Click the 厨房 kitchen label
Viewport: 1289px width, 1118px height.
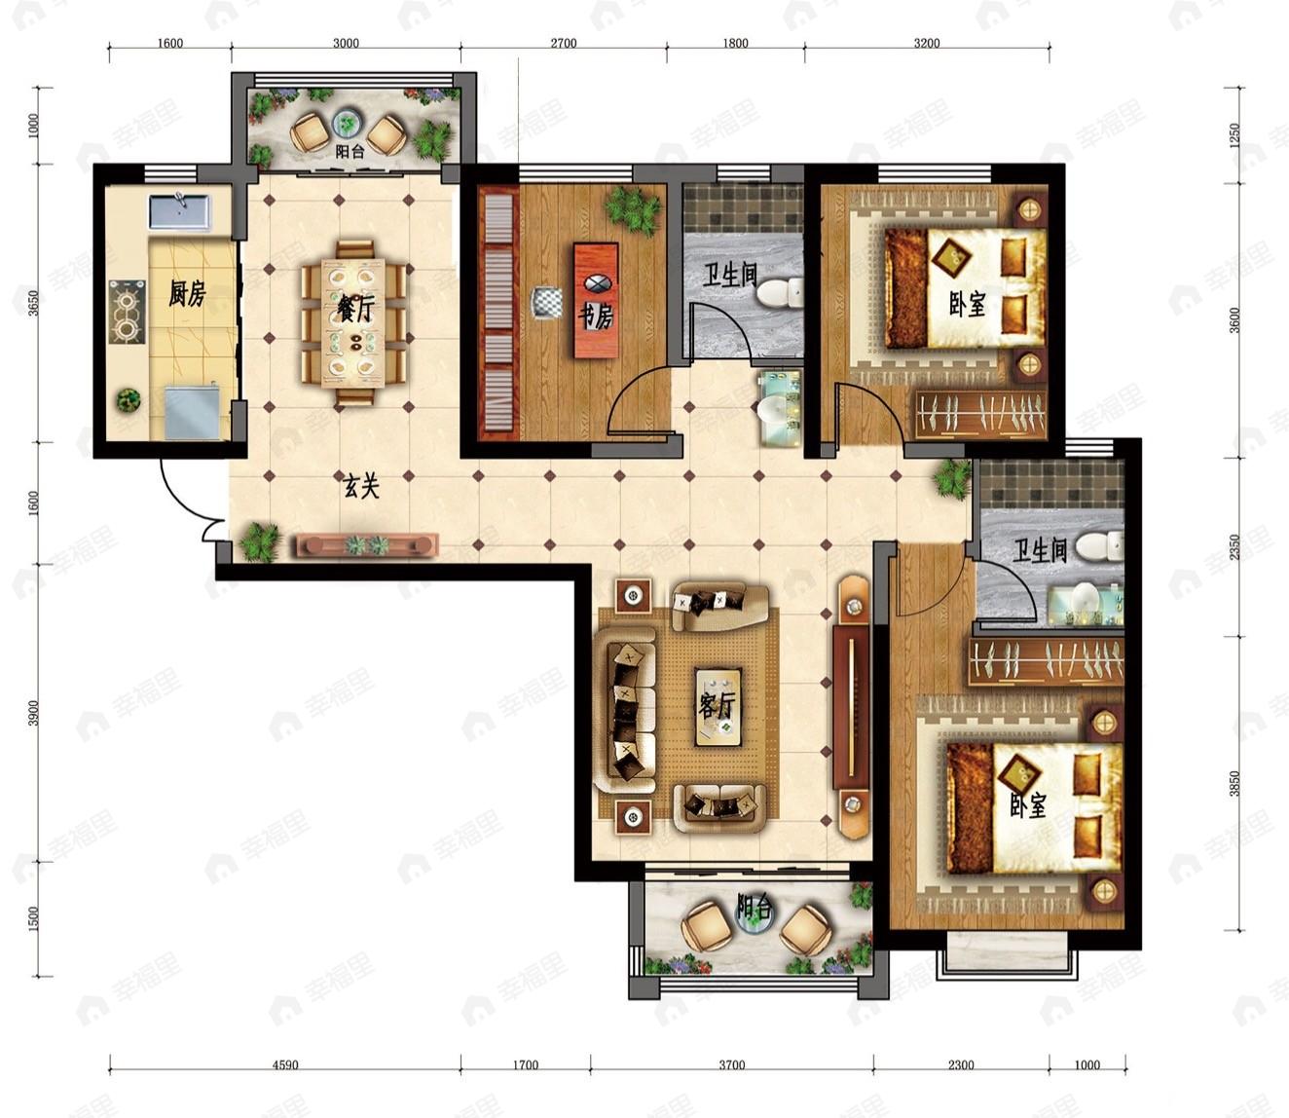click(x=187, y=292)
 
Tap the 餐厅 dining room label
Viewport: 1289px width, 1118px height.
click(x=354, y=309)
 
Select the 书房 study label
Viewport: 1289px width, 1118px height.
click(x=595, y=317)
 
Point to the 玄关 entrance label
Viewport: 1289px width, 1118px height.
click(x=361, y=486)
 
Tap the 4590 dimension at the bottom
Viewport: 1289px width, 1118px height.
click(x=285, y=1065)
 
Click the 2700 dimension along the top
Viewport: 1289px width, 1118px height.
click(x=563, y=43)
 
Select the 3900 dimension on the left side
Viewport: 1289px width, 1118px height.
click(x=34, y=713)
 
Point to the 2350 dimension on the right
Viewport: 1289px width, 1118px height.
click(x=1234, y=546)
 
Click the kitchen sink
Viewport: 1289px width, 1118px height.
click(x=179, y=212)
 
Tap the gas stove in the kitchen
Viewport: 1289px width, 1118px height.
click(x=128, y=312)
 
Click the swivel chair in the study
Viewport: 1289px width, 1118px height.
click(x=547, y=302)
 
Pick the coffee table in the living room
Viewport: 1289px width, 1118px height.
click(x=718, y=707)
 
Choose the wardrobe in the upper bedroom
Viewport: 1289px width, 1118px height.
click(x=979, y=414)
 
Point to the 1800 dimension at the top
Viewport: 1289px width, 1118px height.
click(x=735, y=43)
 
